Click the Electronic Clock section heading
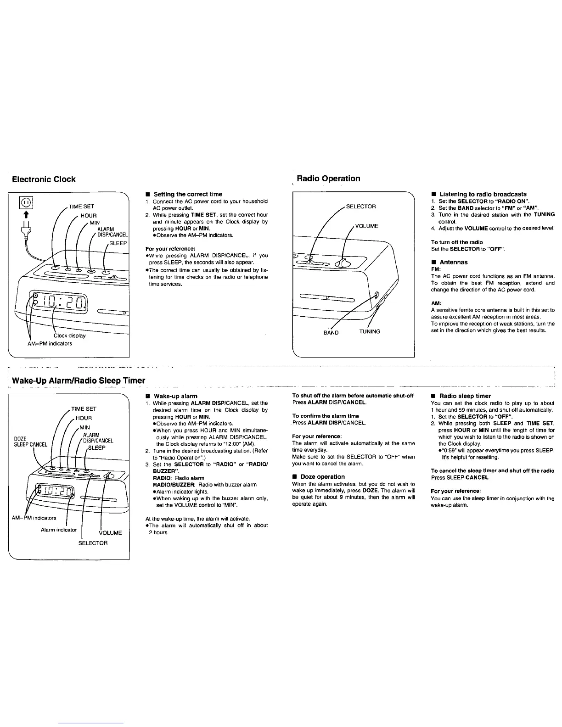[44, 179]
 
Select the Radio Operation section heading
[328, 179]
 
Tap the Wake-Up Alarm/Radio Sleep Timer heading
[79, 380]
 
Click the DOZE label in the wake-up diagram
[20, 438]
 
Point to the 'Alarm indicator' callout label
[58, 530]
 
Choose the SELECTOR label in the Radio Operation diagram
[361, 207]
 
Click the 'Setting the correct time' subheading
[188, 194]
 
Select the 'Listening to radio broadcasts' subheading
[483, 194]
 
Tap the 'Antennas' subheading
[453, 262]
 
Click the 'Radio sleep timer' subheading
[465, 396]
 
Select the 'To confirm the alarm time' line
[326, 416]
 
